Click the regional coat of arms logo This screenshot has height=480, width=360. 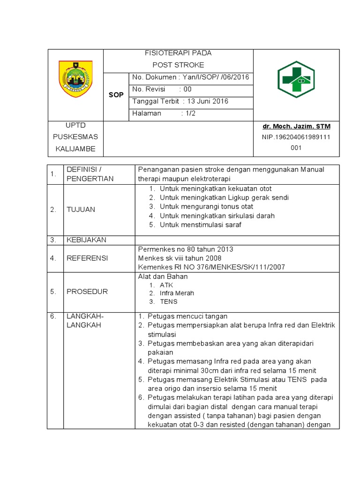(75, 79)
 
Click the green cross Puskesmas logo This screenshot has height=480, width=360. (296, 79)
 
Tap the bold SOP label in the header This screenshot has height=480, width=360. (116, 95)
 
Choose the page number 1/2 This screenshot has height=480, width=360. (191, 113)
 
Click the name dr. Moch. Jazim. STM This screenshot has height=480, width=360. (296, 127)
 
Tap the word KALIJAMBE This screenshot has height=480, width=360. (75, 149)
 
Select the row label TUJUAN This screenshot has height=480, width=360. (80, 209)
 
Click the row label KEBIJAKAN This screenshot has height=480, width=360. (86, 240)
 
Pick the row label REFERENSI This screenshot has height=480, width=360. (87, 258)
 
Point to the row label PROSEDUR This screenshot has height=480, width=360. (87, 291)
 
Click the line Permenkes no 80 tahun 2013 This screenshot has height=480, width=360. (185, 249)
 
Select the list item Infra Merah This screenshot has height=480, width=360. (177, 293)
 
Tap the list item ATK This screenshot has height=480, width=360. (166, 285)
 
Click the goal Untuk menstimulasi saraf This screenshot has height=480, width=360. (201, 225)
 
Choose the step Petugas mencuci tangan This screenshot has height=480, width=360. (187, 316)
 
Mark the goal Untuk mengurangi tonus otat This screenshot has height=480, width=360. (206, 206)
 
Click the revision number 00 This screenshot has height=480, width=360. (187, 89)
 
